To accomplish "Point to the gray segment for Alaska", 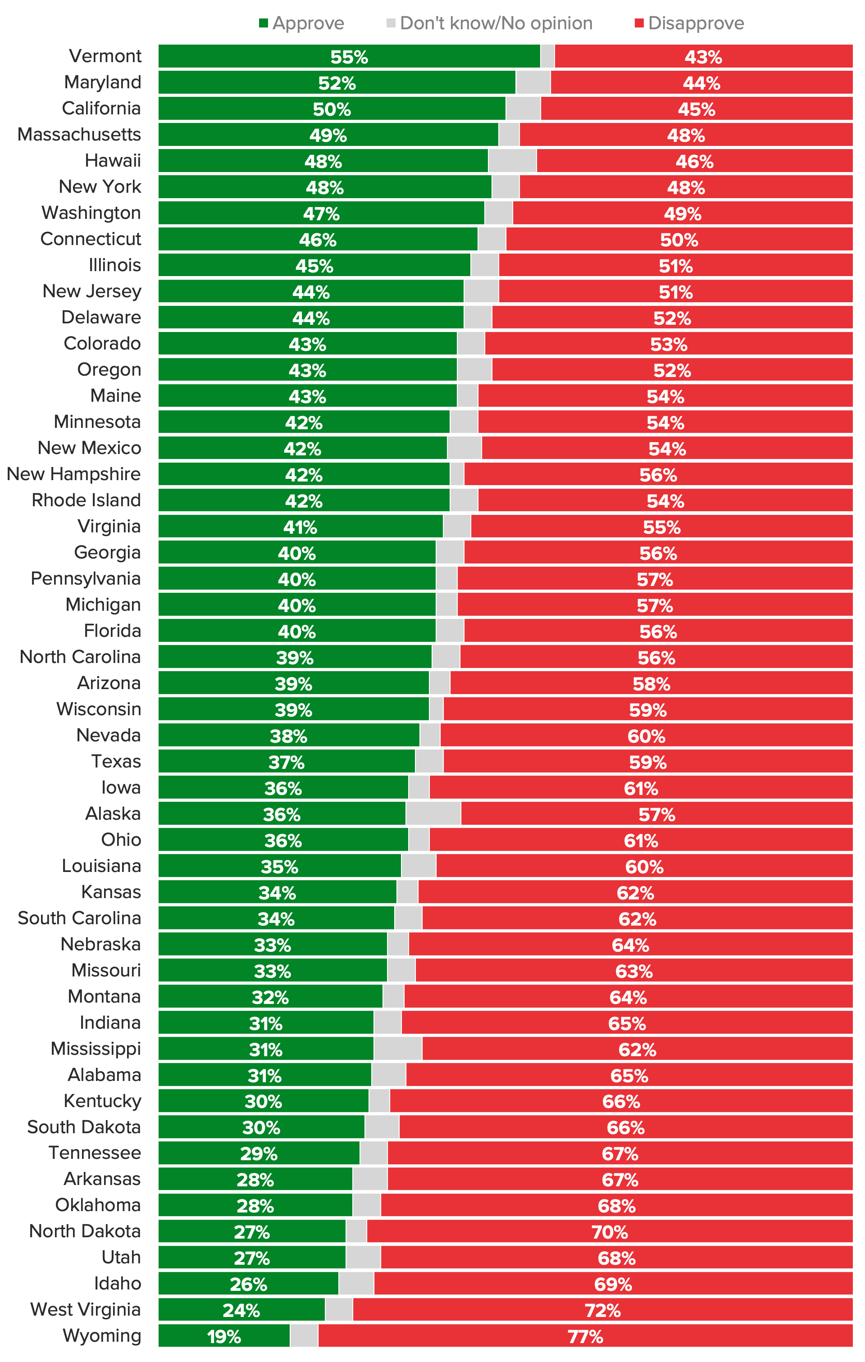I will tap(433, 814).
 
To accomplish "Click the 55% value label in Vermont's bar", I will tap(349, 57).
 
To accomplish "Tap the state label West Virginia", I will tap(86, 1309).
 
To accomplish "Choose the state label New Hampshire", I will tap(73, 474).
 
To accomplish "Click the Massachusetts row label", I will tap(79, 135).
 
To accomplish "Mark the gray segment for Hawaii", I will tap(512, 161).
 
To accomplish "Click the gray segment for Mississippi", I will tap(398, 1049).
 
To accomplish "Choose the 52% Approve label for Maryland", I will tap(337, 83).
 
